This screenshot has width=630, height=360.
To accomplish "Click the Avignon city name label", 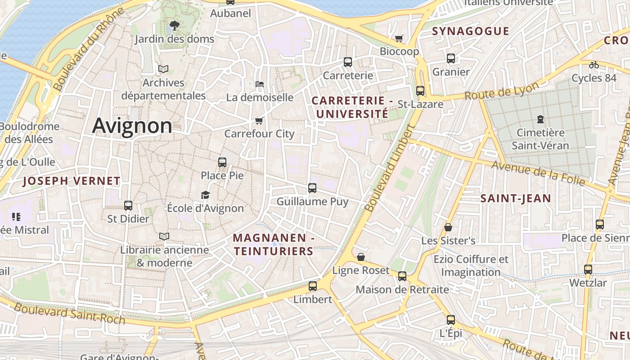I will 132,126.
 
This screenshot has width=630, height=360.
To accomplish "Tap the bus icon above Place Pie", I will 222,162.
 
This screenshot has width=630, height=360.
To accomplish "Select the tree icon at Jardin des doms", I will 174,26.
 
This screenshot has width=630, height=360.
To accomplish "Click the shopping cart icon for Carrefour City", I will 259,121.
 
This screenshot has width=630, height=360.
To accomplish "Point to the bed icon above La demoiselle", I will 259,84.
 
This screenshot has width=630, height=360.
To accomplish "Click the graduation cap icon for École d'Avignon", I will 205,195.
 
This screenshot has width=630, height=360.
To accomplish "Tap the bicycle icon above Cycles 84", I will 594,65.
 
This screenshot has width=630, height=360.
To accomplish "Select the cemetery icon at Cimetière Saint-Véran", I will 540,119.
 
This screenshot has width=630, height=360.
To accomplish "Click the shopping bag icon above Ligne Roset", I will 360,257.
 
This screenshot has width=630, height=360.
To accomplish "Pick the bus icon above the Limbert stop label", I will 312,286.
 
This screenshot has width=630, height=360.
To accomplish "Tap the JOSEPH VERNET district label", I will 72,181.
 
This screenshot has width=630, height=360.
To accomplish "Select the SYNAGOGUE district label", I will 470,31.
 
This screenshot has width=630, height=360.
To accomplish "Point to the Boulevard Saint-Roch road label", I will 69,314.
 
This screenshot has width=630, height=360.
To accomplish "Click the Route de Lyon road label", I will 501,91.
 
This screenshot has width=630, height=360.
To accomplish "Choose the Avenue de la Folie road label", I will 538,173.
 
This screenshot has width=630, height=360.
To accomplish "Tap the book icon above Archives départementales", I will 163,69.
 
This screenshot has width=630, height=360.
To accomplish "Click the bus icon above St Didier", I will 128,206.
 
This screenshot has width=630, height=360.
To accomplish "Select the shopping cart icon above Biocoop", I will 399,38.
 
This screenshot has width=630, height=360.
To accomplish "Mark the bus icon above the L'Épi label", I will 451,320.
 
